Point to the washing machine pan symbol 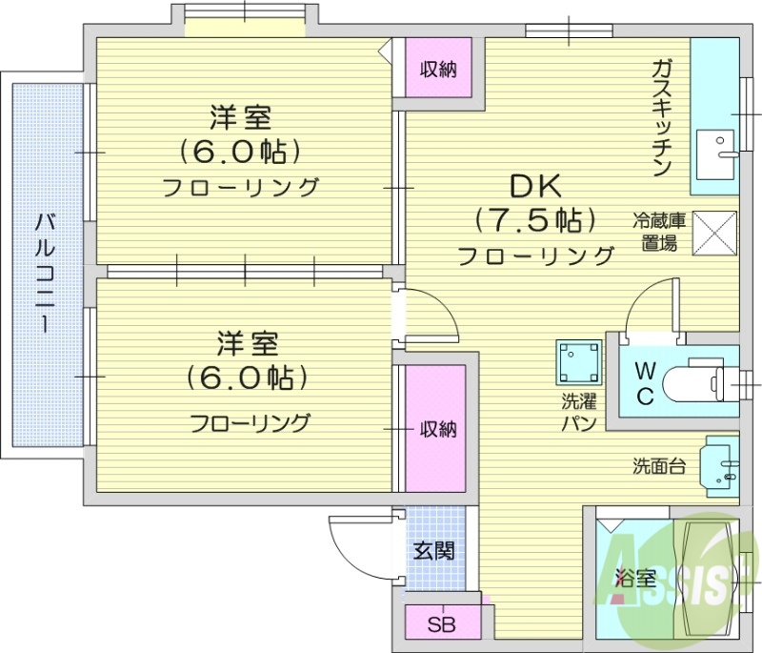pos(579,362)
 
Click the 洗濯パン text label pos(578,412)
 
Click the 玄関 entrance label pos(433,550)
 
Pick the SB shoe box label pos(440,625)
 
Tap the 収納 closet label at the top pos(439,69)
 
